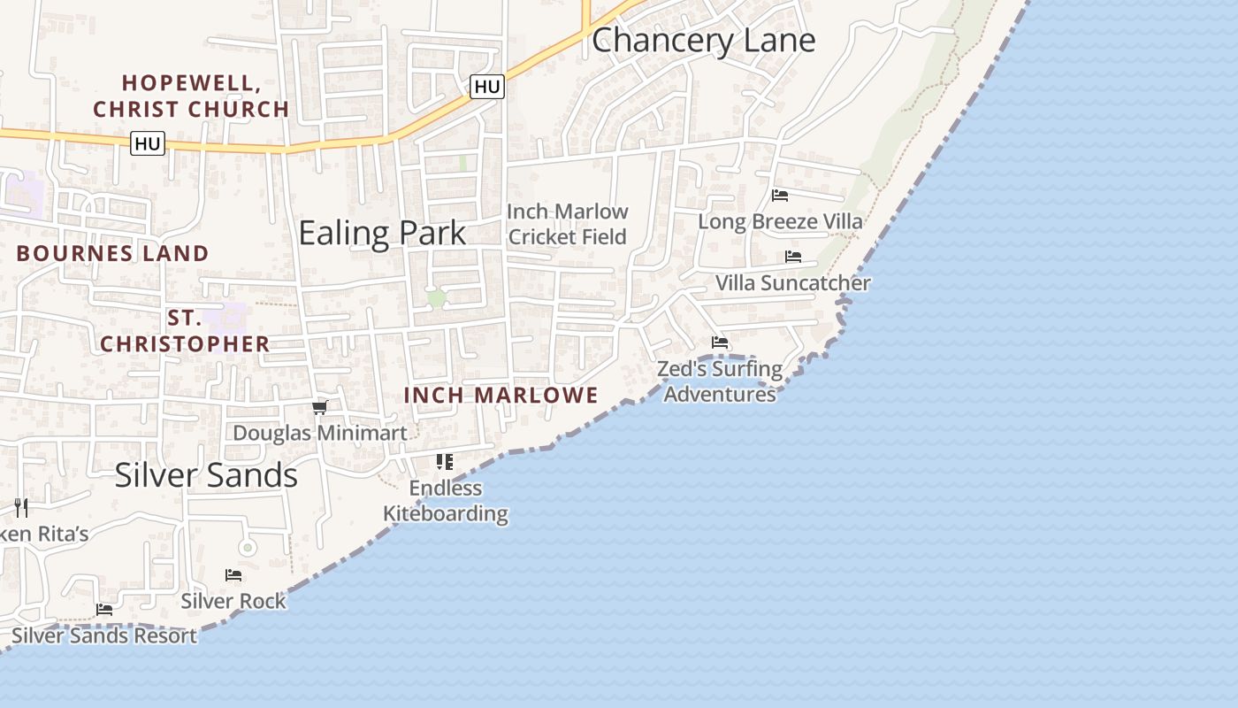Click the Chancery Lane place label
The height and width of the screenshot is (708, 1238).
click(703, 41)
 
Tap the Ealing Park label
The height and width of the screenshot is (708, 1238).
click(382, 233)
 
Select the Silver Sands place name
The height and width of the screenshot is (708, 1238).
click(206, 475)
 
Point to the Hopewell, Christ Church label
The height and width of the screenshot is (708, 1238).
click(191, 96)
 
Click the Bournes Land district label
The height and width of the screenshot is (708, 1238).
click(112, 253)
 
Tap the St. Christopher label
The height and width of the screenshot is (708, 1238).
click(184, 331)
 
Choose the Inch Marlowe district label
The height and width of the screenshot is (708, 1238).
click(501, 396)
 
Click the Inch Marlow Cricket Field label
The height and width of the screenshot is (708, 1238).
click(567, 224)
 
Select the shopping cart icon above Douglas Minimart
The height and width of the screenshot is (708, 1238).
click(320, 407)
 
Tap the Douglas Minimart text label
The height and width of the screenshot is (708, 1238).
click(320, 433)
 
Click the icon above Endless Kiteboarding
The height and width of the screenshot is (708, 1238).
click(445, 461)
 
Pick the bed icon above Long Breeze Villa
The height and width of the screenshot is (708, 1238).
click(780, 196)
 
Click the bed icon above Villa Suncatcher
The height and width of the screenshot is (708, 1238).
click(793, 257)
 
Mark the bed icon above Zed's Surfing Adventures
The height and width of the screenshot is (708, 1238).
click(720, 342)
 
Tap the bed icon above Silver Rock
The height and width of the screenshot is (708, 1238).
click(233, 575)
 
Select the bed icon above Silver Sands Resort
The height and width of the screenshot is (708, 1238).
click(104, 610)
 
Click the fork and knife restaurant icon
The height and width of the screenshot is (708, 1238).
click(21, 508)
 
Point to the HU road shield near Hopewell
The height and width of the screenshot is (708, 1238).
click(148, 143)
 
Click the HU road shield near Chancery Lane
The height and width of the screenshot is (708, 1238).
click(487, 87)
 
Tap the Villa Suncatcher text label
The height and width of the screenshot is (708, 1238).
click(792, 283)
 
